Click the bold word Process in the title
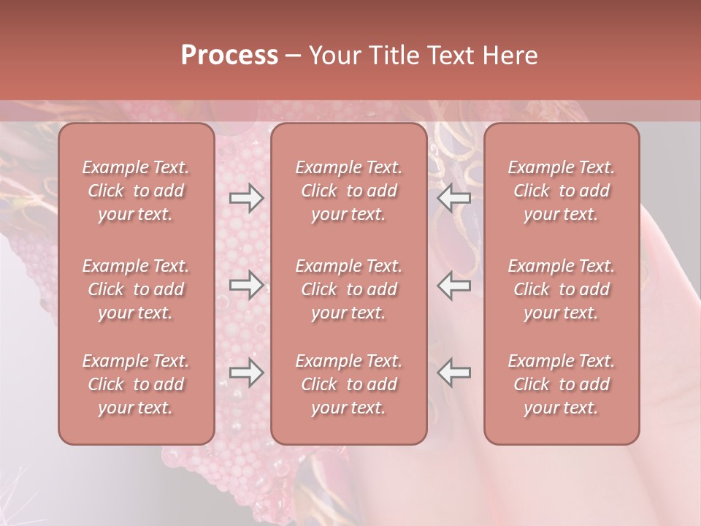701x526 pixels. click(229, 56)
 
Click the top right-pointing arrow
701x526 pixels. click(246, 198)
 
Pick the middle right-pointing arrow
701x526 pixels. click(246, 285)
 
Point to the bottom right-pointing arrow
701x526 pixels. click(246, 373)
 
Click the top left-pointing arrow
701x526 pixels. click(453, 198)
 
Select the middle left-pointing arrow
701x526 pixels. click(453, 285)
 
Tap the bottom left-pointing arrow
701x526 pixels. click(453, 373)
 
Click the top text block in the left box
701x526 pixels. click(136, 191)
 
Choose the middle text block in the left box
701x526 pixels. click(136, 289)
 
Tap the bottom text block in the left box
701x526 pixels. click(136, 384)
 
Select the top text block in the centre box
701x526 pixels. click(348, 191)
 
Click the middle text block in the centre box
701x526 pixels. click(348, 289)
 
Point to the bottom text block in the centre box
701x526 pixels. click(348, 384)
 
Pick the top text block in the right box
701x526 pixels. click(561, 191)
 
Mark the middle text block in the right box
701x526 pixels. click(561, 289)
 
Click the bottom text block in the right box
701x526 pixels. click(561, 384)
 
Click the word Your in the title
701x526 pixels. click(333, 56)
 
